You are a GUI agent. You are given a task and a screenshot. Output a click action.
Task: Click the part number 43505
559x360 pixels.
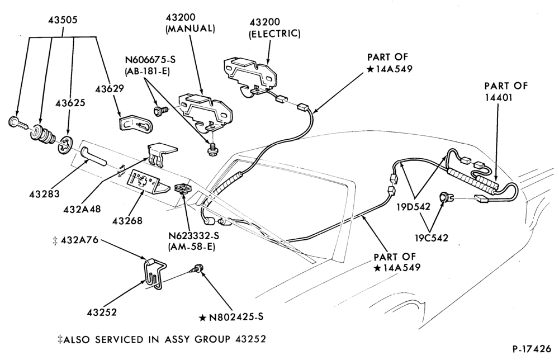pyautogui.click(x=63, y=20)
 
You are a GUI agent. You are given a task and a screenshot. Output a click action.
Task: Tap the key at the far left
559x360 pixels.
pyautogui.click(x=18, y=124)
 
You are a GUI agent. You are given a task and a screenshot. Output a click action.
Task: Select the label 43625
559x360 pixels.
pyautogui.click(x=70, y=103)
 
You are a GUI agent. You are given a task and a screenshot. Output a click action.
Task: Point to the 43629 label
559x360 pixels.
pyautogui.click(x=110, y=89)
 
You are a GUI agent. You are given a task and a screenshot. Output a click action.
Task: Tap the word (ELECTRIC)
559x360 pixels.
pyautogui.click(x=274, y=34)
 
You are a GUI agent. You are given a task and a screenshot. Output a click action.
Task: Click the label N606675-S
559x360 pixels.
pyautogui.click(x=150, y=59)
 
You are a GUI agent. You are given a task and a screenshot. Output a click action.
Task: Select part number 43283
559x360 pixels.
pyautogui.click(x=45, y=195)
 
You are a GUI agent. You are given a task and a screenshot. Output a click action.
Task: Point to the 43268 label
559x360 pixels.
pyautogui.click(x=127, y=221)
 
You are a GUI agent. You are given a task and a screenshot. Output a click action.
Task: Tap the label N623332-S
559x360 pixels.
pyautogui.click(x=195, y=235)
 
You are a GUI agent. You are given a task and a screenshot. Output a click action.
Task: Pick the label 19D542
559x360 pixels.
pyautogui.click(x=414, y=206)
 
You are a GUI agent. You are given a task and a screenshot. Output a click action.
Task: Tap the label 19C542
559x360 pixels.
pyautogui.click(x=432, y=238)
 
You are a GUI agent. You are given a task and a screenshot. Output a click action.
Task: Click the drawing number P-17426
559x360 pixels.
pyautogui.click(x=532, y=349)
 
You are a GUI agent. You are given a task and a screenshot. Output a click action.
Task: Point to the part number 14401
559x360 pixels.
pyautogui.click(x=499, y=97)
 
